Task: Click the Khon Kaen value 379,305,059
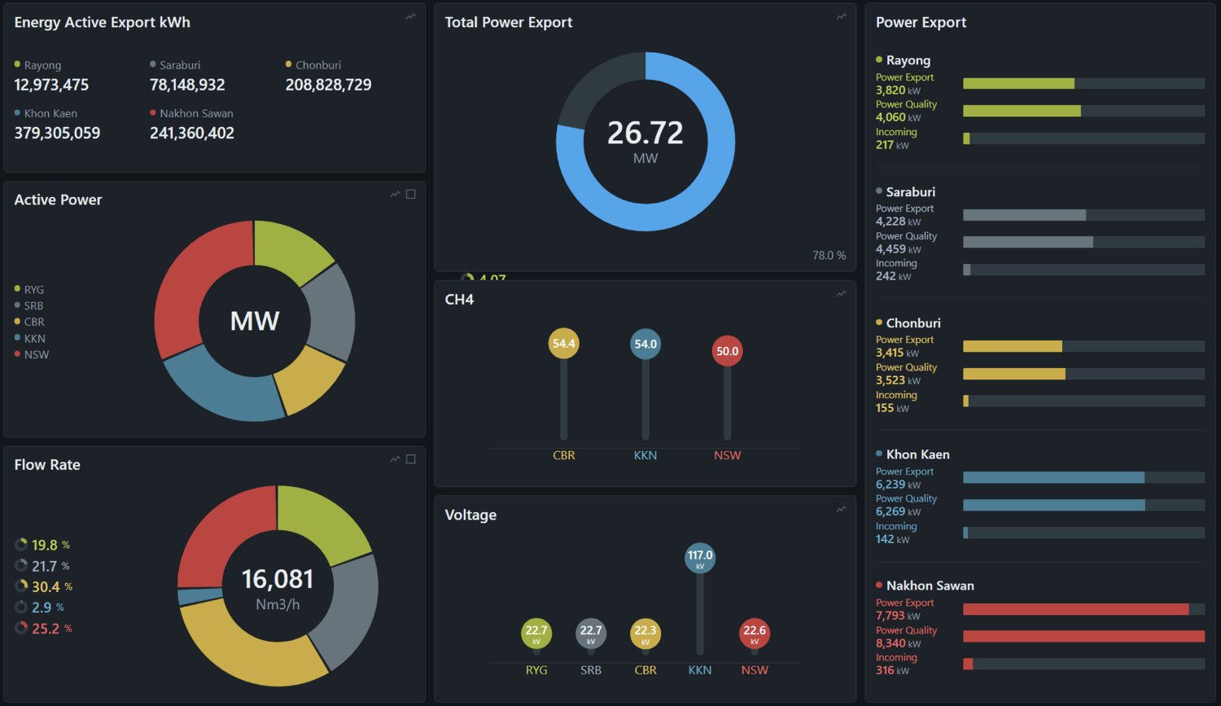pyautogui.click(x=57, y=133)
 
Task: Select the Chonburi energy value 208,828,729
pyautogui.click(x=328, y=85)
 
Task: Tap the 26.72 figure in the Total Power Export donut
pyautogui.click(x=645, y=133)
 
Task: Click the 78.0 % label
pyautogui.click(x=829, y=255)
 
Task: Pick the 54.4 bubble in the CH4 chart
pyautogui.click(x=563, y=344)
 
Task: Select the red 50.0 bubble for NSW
pyautogui.click(x=727, y=351)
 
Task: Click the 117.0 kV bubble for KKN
pyautogui.click(x=700, y=558)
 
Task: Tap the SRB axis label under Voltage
pyautogui.click(x=591, y=670)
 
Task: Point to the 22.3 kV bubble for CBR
pyautogui.click(x=646, y=634)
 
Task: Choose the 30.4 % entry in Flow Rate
pyautogui.click(x=44, y=586)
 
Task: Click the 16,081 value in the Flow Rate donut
pyautogui.click(x=278, y=579)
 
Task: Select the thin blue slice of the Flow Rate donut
pyautogui.click(x=199, y=596)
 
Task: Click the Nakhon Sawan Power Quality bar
pyautogui.click(x=1083, y=636)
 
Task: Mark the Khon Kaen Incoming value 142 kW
pyautogui.click(x=892, y=539)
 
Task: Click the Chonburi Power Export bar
pyautogui.click(x=1013, y=346)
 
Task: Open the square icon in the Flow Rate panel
pyautogui.click(x=411, y=459)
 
